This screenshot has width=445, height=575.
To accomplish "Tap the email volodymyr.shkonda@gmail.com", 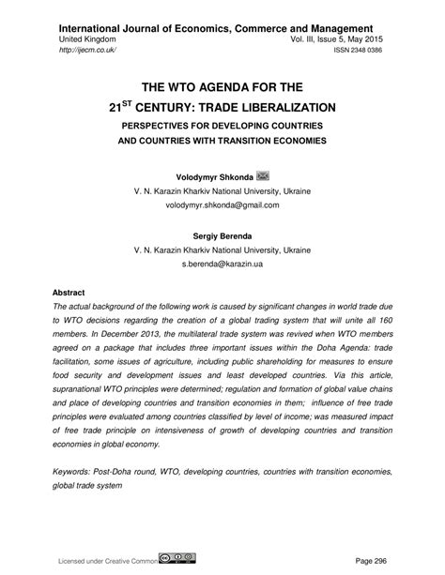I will click(222, 204).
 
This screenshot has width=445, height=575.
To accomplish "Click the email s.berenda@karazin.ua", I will click(222, 266).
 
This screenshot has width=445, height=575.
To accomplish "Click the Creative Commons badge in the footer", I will click(182, 558).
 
